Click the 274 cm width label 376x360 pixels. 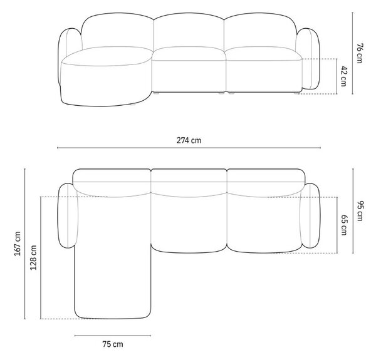pos(189,140)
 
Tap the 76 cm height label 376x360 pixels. pos(360,53)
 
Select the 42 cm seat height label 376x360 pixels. pos(343,76)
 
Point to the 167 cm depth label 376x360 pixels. pos(18,244)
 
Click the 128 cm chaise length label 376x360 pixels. pos(33,257)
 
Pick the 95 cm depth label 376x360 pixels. pos(360,211)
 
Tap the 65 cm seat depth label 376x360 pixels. pos(343,225)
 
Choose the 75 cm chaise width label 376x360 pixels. pos(113,344)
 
